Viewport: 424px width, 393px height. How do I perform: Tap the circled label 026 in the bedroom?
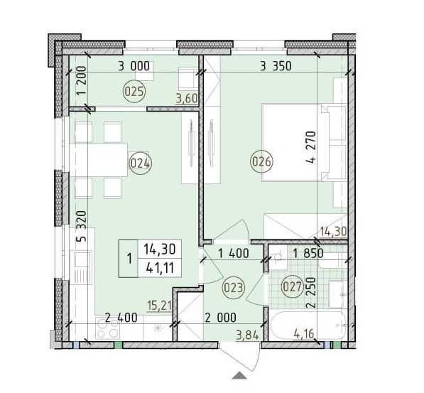click(261, 163)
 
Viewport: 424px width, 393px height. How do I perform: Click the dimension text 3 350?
click(276, 68)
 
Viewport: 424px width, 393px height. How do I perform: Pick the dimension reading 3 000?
click(134, 67)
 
